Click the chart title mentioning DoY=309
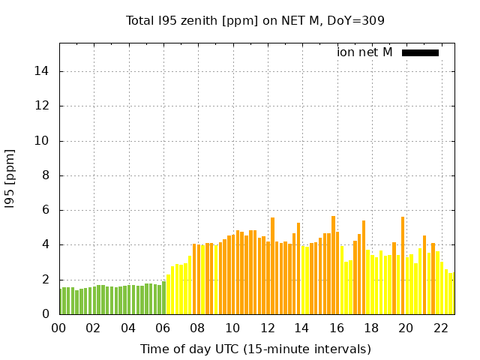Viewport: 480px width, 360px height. coord(255,20)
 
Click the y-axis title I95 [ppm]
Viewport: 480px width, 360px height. coord(10,178)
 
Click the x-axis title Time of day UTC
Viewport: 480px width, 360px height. coord(255,349)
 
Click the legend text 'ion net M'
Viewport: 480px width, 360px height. coord(364,52)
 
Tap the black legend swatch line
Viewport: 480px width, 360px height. coord(420,52)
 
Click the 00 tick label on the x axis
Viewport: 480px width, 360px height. coord(58,328)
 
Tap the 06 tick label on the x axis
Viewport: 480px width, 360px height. coord(163,328)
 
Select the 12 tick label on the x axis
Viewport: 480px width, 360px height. coord(267,328)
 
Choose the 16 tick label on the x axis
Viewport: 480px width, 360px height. coord(337,328)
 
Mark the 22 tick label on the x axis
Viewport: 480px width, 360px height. coord(441,328)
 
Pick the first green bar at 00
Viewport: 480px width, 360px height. coord(61,301)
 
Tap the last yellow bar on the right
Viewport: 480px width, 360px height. coord(451,293)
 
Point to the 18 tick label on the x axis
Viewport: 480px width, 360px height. coord(371,328)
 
